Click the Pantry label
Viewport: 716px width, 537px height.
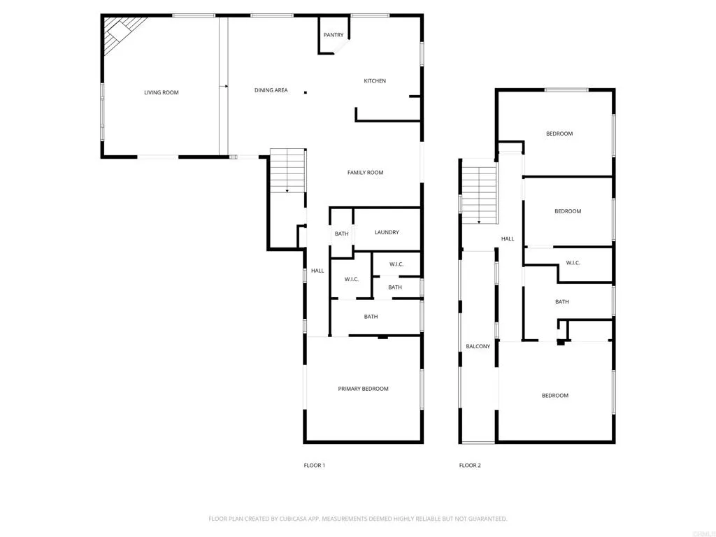pyautogui.click(x=334, y=35)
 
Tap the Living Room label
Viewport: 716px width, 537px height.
pyautogui.click(x=162, y=92)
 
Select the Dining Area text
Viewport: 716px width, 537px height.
pyautogui.click(x=271, y=90)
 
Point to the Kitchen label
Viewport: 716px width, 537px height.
pyautogui.click(x=375, y=81)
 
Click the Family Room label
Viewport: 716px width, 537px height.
pyautogui.click(x=366, y=173)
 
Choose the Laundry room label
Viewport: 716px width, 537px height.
pyautogui.click(x=387, y=232)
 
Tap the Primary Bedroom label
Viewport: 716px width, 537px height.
pyautogui.click(x=363, y=389)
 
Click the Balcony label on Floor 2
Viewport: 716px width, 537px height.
pyautogui.click(x=478, y=346)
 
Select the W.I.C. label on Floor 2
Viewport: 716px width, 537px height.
pyautogui.click(x=573, y=263)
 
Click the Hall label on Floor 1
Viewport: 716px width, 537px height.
pyautogui.click(x=317, y=271)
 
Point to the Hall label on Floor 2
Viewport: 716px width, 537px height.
pyautogui.click(x=508, y=239)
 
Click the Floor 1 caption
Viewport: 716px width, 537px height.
pyautogui.click(x=314, y=465)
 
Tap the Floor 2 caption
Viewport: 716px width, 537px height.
pyautogui.click(x=470, y=465)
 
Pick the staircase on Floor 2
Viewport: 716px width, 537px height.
pyautogui.click(x=479, y=192)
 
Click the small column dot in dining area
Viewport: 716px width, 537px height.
pyautogui.click(x=305, y=92)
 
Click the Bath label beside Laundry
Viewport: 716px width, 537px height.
pyautogui.click(x=341, y=234)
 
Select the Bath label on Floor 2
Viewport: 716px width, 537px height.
pyautogui.click(x=562, y=302)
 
